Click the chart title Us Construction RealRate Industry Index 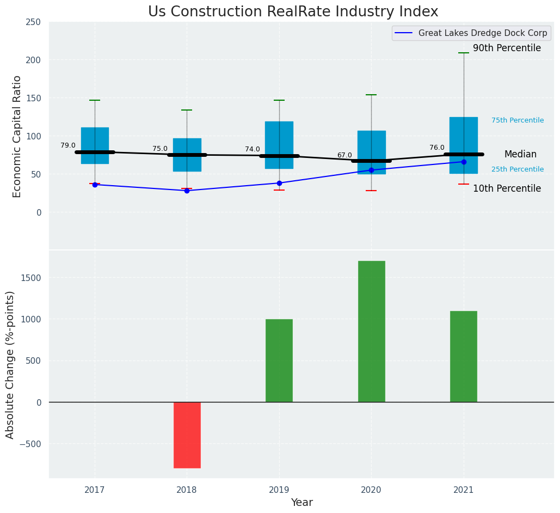pos(293,12)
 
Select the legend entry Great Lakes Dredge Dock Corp pos(482,33)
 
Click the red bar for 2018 pos(187,435)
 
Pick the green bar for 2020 pos(371,331)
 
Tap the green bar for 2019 pos(279,361)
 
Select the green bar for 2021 pos(464,356)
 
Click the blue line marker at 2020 pos(371,170)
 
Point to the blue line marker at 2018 pos(187,191)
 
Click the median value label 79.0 pos(68,145)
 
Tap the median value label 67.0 pos(344,155)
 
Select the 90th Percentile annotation pos(507,48)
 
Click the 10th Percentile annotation pos(507,189)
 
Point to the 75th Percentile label pos(518,120)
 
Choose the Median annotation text pos(520,155)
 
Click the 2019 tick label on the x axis pos(279,490)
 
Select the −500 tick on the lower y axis pos(30,443)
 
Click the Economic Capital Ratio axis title pos(17,136)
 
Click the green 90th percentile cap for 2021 pos(464,53)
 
